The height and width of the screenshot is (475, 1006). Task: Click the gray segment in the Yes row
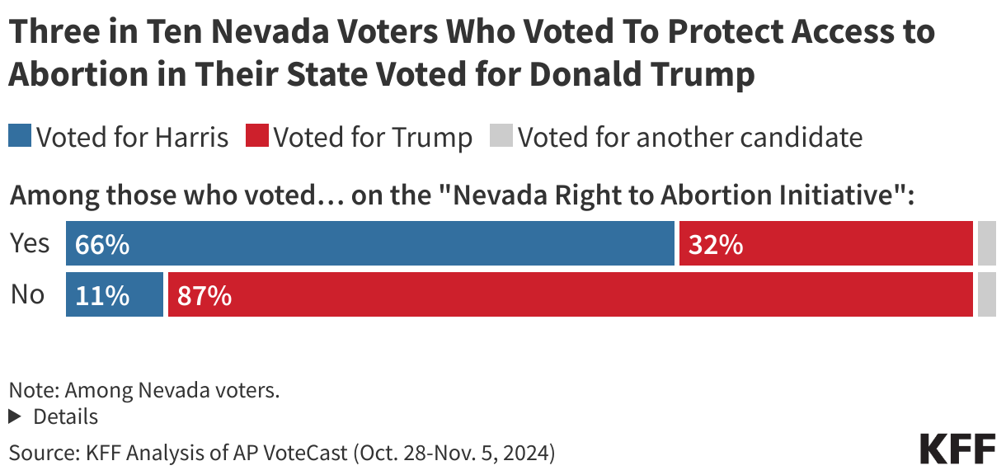coord(986,244)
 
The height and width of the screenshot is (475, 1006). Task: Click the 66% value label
coord(102,245)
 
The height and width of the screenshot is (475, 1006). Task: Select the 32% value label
coord(715,245)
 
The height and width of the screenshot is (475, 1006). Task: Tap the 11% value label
coord(102,295)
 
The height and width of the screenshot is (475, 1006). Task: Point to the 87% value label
coord(204,295)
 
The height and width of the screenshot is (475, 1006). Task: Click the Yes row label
coord(30,244)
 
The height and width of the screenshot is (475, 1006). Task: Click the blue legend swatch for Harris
coord(20,136)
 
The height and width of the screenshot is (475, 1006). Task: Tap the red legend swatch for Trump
coord(257,136)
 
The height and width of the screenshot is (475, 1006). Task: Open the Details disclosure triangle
coord(14,417)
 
